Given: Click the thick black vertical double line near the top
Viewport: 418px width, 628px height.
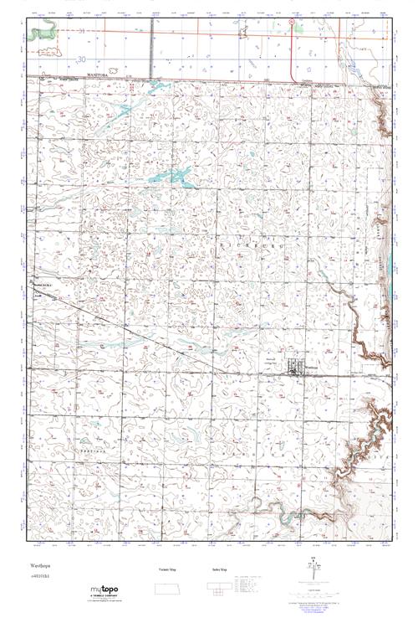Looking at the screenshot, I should tap(151, 50).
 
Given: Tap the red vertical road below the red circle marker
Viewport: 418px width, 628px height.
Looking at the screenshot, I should tap(292, 54).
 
